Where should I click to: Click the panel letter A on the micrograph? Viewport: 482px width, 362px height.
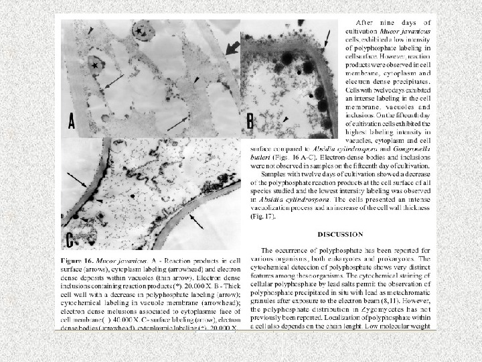72,121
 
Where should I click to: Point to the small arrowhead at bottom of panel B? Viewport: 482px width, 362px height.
287,119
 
